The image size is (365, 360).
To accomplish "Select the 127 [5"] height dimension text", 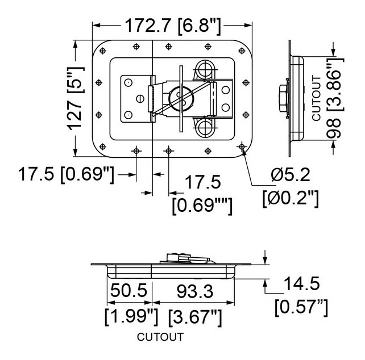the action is tap(76, 98).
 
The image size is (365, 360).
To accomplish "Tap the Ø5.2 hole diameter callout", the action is tap(291, 175).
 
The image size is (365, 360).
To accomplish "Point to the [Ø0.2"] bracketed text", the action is tap(291, 198).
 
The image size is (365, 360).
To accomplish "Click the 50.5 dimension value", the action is tap(128, 290).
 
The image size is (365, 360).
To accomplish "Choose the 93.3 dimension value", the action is tap(195, 291).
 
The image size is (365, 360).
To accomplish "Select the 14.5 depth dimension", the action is tap(302, 284).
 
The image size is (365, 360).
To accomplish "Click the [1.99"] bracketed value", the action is tap(131, 317).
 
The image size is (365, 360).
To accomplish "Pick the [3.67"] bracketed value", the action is tap(195, 317).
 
